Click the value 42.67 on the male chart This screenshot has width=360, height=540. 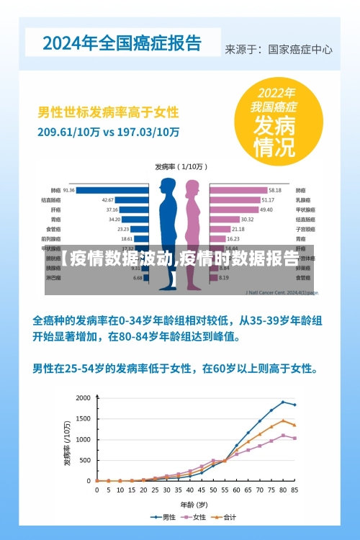107,200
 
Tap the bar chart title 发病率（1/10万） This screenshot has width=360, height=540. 180,166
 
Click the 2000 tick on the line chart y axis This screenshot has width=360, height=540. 83,398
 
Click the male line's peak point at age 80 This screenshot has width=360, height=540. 283,402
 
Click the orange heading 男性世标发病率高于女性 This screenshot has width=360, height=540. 108,113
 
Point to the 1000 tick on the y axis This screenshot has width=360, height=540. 83,439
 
